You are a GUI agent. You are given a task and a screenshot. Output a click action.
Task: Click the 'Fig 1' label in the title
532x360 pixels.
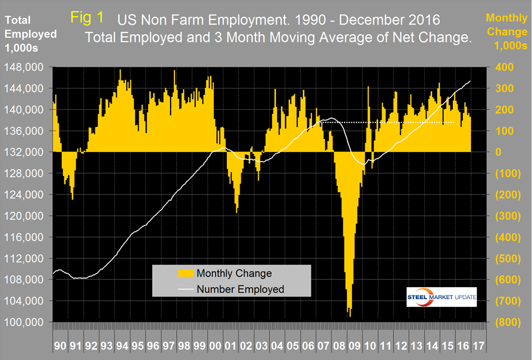87,17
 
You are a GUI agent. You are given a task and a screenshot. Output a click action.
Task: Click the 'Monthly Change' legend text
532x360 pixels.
235,273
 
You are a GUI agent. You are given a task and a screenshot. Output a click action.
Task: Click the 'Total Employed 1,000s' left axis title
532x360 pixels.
30,34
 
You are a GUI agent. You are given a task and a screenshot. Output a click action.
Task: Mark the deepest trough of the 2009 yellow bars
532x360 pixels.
350,315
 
